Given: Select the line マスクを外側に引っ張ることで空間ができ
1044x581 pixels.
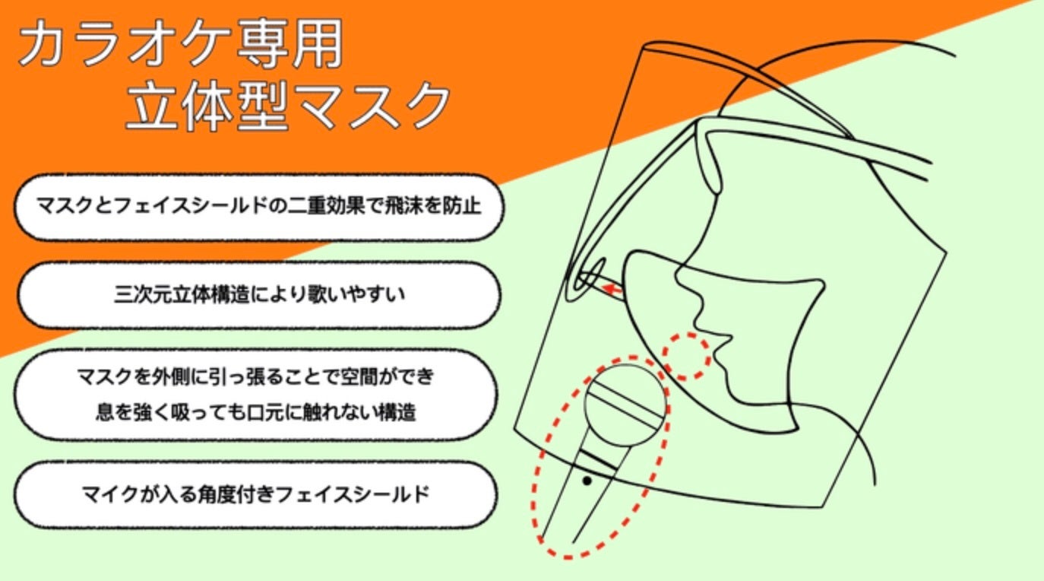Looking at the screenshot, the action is pyautogui.click(x=256, y=376).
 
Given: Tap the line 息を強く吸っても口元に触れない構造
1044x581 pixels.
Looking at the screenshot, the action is pyautogui.click(x=256, y=413).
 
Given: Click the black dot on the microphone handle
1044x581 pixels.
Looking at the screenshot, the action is pyautogui.click(x=587, y=481).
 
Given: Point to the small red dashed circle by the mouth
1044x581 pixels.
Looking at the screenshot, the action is pyautogui.click(x=687, y=356).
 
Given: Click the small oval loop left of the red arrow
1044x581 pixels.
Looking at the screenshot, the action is pyautogui.click(x=589, y=276).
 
